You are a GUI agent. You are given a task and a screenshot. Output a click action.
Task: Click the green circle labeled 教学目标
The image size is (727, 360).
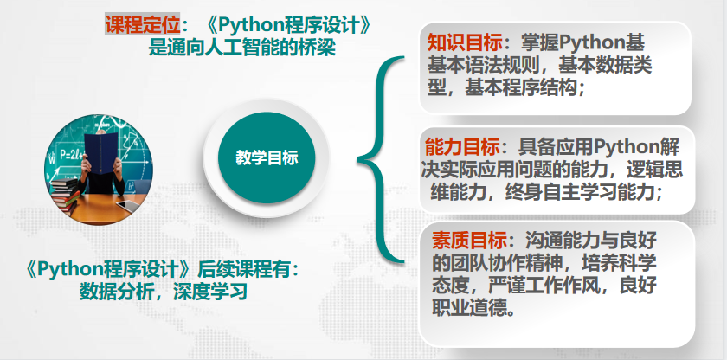pos(267,157)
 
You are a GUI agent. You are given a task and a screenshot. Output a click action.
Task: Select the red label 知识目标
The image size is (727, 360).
pos(465,43)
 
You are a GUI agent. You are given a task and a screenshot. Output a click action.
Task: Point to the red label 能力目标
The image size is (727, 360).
pos(463,148)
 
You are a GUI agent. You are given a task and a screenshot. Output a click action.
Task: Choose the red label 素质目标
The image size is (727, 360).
pos(469,241)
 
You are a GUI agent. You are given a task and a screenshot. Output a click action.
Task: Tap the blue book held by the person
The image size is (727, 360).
pos(101,152)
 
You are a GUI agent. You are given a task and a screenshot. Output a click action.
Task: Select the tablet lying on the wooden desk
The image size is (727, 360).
pos(128,206)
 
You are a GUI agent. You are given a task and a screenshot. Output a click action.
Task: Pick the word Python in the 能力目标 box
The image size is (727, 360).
pos(622,148)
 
